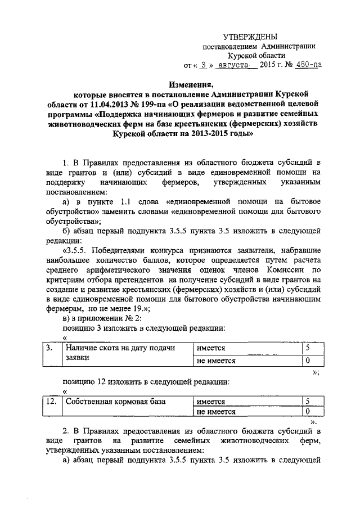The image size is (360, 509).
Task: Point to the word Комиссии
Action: pos(285,270)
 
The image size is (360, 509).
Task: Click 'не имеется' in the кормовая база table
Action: pos(216,412)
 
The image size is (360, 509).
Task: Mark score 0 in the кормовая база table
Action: pos(307,412)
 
